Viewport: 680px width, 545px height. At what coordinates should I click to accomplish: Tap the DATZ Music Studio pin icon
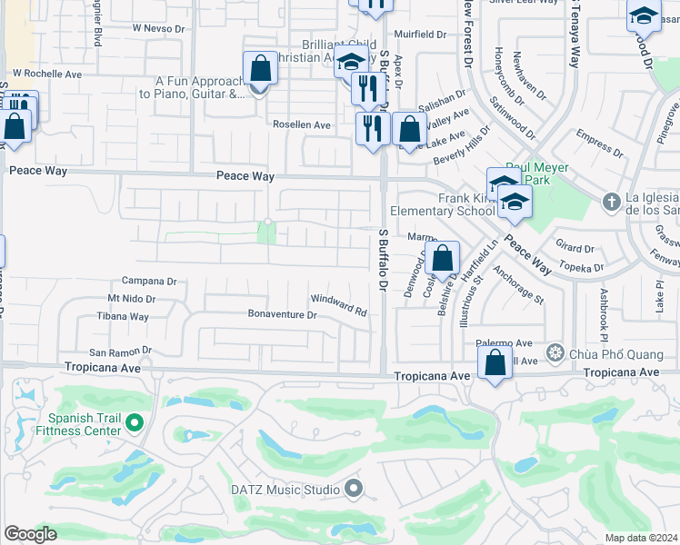click(354, 490)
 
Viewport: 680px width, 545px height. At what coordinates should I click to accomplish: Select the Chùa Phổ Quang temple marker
click(554, 352)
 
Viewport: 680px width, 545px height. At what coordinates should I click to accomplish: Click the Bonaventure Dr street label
click(282, 315)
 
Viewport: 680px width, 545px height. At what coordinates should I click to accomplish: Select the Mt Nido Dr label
click(132, 298)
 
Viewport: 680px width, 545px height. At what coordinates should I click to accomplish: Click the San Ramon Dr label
click(119, 352)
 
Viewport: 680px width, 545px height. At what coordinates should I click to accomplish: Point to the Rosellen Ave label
click(303, 125)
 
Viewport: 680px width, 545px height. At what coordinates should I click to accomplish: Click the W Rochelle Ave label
click(47, 74)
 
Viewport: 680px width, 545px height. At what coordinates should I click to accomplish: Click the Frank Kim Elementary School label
click(443, 204)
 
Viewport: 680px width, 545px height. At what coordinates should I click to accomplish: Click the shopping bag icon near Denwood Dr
click(442, 259)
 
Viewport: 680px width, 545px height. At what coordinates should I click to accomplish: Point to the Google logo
click(31, 534)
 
